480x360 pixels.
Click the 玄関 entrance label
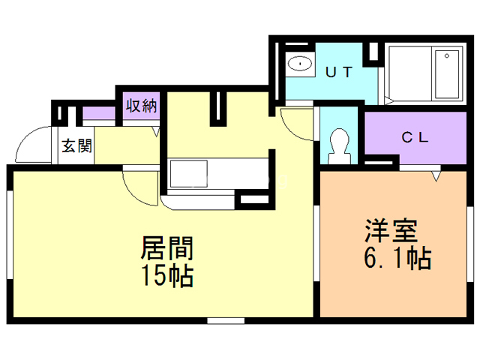[77, 145]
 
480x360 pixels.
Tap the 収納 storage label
[141, 106]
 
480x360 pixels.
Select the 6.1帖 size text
[396, 259]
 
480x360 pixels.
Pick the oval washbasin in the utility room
[301, 63]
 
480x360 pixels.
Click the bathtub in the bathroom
[448, 75]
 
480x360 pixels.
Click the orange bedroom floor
[390, 285]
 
